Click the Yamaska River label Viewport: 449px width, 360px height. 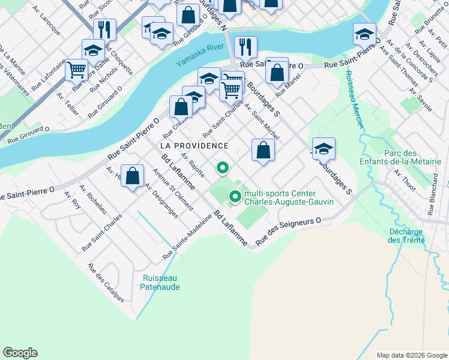coord(199,55)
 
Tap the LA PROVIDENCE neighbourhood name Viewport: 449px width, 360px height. coord(194,146)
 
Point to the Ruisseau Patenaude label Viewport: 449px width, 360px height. coord(161,282)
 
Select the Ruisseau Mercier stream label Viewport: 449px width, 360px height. coord(354,100)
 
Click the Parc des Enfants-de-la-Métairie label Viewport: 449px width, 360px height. coord(408,158)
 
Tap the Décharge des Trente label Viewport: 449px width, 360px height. coord(406,236)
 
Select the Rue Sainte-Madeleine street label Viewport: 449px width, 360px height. coord(187,237)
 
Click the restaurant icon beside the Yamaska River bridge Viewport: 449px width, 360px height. coord(245,47)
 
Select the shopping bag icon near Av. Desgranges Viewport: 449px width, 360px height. coord(133,176)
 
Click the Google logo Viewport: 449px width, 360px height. coord(20,353)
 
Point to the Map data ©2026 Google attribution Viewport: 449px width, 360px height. coord(412,355)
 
